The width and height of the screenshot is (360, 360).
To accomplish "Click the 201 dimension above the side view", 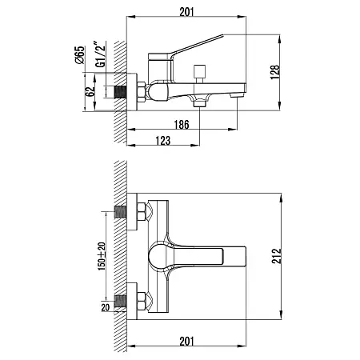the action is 186,12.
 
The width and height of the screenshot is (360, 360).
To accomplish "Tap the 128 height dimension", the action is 275,72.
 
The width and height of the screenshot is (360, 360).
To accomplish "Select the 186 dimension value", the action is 182,125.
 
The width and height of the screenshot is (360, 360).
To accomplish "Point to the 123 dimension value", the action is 162,141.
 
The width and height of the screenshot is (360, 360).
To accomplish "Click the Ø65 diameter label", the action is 80,55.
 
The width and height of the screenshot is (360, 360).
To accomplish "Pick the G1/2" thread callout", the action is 101,54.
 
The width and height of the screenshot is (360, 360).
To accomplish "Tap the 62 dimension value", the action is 90,91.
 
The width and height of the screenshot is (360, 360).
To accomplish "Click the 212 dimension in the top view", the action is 277,256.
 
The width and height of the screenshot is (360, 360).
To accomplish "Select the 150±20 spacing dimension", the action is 102,256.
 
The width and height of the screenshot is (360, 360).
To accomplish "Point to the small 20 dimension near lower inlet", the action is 106,307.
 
